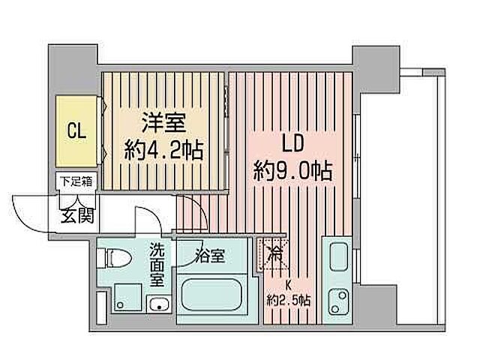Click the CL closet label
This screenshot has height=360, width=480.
point(76,132)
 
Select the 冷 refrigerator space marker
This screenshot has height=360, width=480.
point(275,253)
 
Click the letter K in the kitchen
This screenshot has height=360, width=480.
point(287,285)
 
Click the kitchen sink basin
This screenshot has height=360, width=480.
point(335,261)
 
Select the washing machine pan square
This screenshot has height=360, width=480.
point(124,297)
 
